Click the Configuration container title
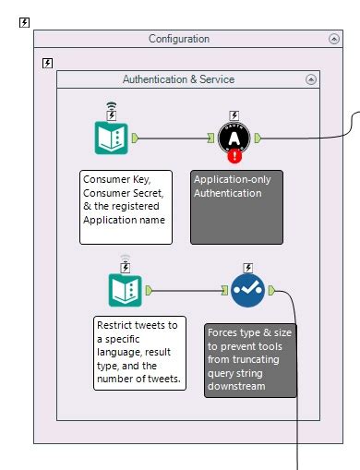[x=179, y=39]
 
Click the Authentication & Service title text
[x=178, y=79]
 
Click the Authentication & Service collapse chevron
[x=311, y=79]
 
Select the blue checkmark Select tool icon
[x=247, y=290]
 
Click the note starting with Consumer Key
[x=126, y=206]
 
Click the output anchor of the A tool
[x=258, y=139]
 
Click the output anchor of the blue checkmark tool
[x=271, y=290]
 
